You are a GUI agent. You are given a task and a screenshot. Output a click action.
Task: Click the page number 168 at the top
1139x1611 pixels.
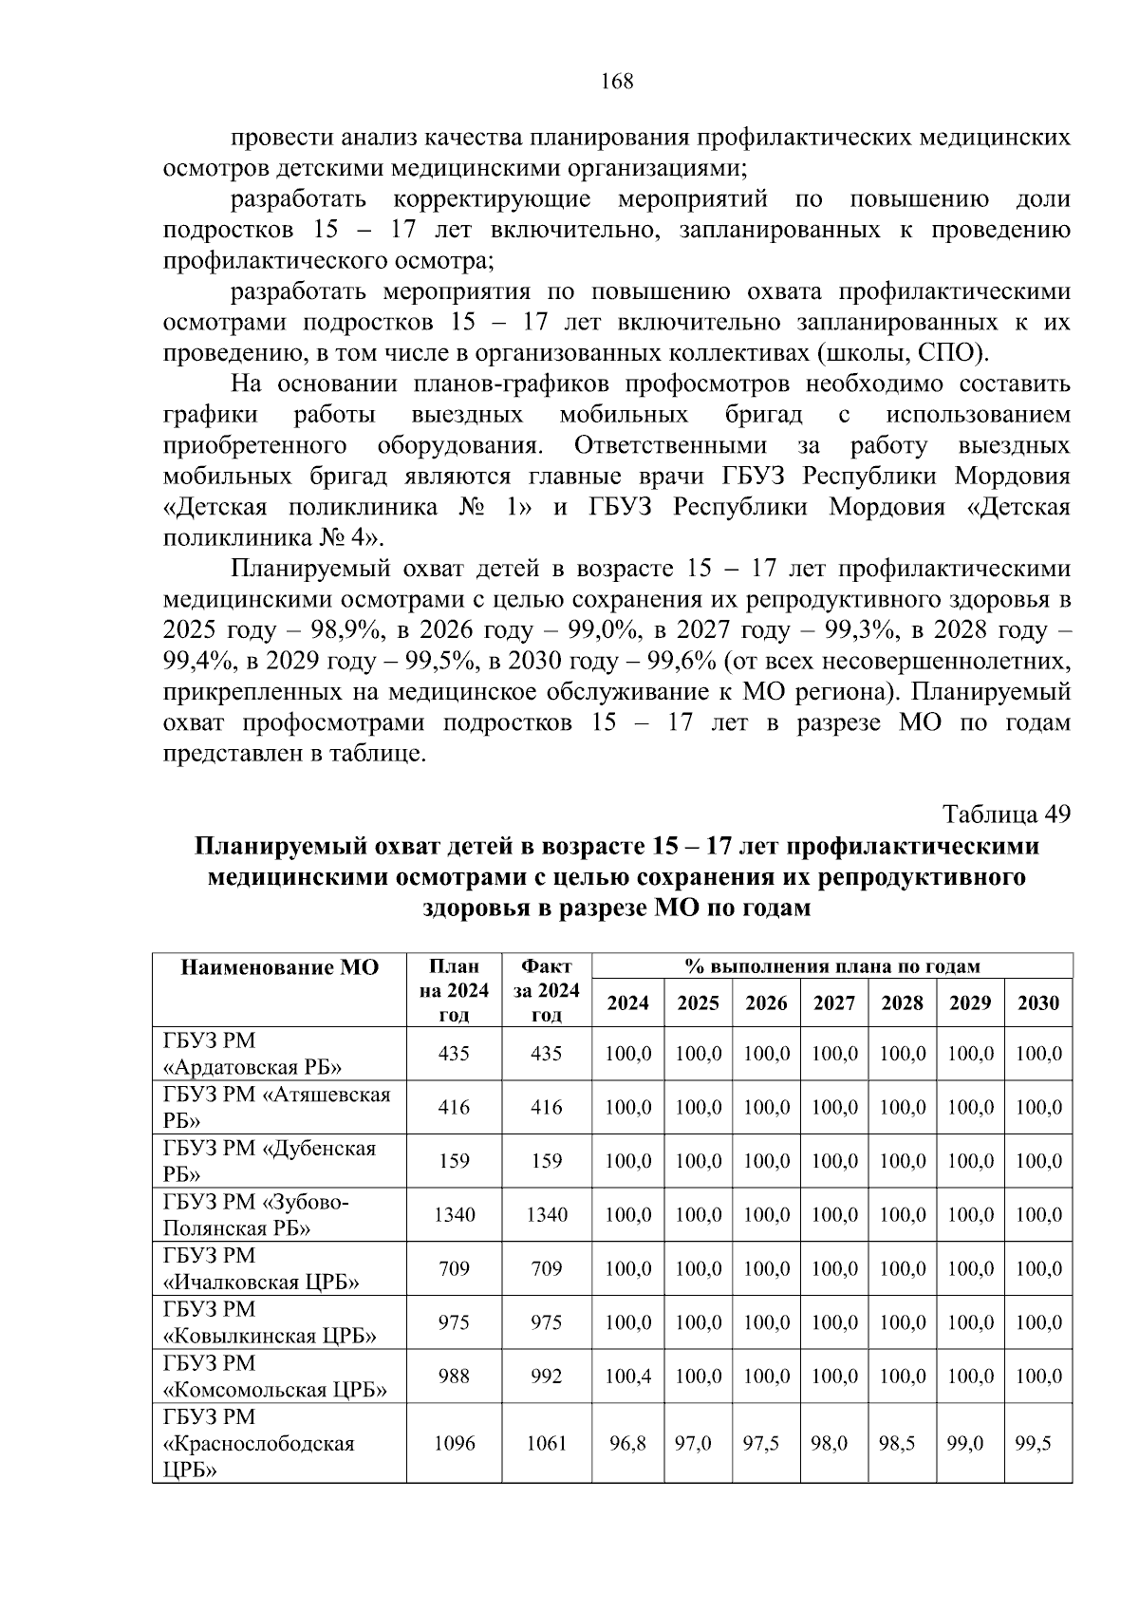click(617, 81)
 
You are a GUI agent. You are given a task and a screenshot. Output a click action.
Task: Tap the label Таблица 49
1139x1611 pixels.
click(1006, 815)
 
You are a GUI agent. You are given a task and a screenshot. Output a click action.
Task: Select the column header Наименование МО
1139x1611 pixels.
click(279, 967)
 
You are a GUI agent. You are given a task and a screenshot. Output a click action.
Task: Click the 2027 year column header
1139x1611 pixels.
click(833, 1002)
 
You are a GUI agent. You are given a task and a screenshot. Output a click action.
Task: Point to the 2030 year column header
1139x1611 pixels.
click(1037, 1002)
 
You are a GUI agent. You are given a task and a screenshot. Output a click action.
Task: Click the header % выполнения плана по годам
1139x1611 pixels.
click(831, 966)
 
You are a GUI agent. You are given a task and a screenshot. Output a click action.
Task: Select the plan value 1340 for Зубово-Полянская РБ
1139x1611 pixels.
click(454, 1214)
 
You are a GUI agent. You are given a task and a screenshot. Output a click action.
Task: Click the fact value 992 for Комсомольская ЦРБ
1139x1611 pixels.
click(547, 1376)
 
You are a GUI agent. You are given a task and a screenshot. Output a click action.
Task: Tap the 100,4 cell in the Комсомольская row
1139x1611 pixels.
click(627, 1376)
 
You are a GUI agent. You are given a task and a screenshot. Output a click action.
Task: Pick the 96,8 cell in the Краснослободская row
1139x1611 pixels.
click(627, 1443)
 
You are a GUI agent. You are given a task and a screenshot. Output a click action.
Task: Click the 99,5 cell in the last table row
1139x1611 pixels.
click(1033, 1443)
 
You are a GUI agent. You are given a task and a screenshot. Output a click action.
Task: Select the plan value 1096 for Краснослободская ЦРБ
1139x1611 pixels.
click(454, 1443)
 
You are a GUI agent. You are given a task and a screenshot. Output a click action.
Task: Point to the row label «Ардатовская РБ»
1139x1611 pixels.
click(253, 1066)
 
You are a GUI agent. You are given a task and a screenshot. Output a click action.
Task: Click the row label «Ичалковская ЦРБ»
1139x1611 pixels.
click(262, 1283)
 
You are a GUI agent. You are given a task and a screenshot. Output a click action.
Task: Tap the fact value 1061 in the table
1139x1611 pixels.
click(547, 1443)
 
